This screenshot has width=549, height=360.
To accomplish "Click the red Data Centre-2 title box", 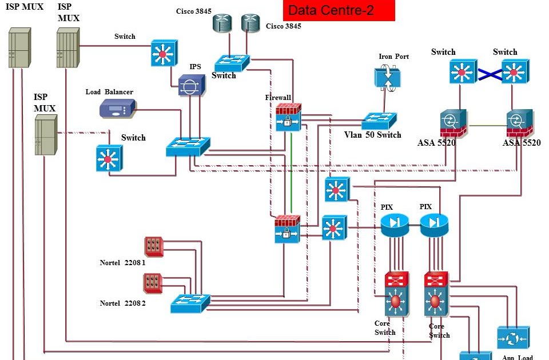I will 339,10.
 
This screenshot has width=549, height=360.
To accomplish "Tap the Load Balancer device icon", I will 117,109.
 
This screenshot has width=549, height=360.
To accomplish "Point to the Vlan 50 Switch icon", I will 379,121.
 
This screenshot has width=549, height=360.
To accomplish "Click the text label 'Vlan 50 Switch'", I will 372,135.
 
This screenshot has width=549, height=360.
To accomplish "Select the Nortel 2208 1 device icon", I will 153,246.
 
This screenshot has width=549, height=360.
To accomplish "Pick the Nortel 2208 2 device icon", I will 153,283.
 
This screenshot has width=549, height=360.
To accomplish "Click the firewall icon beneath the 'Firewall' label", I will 288,118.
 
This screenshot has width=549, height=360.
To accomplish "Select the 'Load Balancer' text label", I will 109,92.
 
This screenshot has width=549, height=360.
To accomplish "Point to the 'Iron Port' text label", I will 393,57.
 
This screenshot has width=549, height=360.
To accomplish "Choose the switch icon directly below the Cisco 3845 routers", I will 232,63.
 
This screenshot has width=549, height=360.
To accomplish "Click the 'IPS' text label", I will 195,67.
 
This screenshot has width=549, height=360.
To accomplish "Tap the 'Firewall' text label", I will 278,98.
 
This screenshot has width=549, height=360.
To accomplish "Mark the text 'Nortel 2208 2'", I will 122,303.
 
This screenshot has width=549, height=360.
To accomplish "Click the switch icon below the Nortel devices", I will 190,303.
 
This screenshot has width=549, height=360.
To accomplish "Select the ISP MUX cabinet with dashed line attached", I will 46,135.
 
